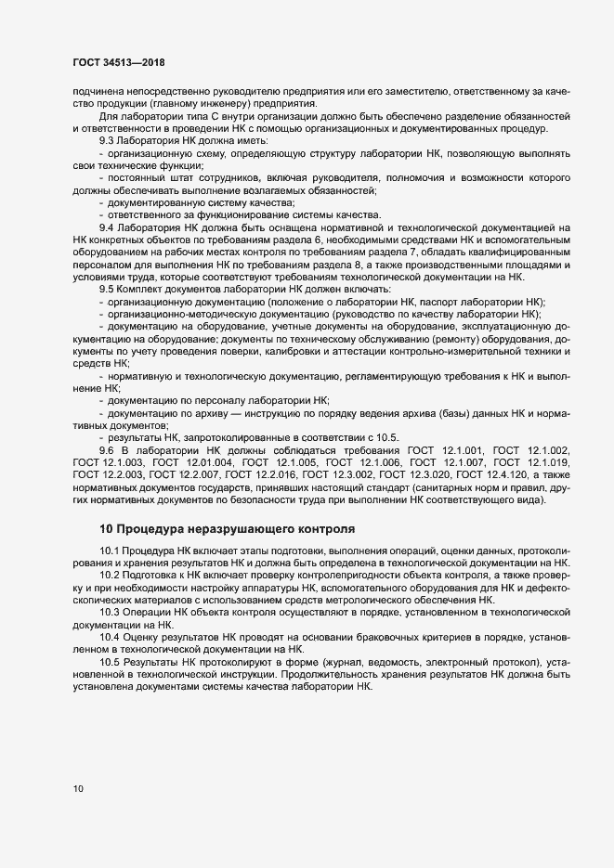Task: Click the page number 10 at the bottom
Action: coord(78,789)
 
